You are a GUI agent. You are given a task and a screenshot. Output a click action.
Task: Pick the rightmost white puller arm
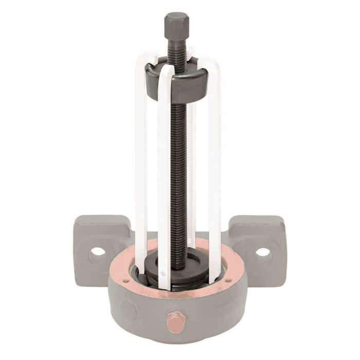[x=214, y=154]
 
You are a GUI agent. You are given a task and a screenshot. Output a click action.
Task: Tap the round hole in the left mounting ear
[x=96, y=253]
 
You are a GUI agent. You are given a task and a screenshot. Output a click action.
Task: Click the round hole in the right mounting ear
[x=263, y=252]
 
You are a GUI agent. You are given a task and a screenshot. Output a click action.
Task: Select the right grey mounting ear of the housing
[x=260, y=239]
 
